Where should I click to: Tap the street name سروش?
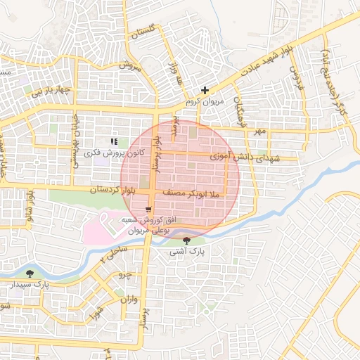coord(131,65)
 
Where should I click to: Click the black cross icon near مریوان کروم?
coord(205,90)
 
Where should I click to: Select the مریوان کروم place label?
coord(203,102)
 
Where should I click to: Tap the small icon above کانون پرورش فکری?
coord(114,142)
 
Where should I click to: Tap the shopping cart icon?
coord(148,209)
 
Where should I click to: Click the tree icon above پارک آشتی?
coord(186,241)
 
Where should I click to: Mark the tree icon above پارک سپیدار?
coord(30,273)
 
